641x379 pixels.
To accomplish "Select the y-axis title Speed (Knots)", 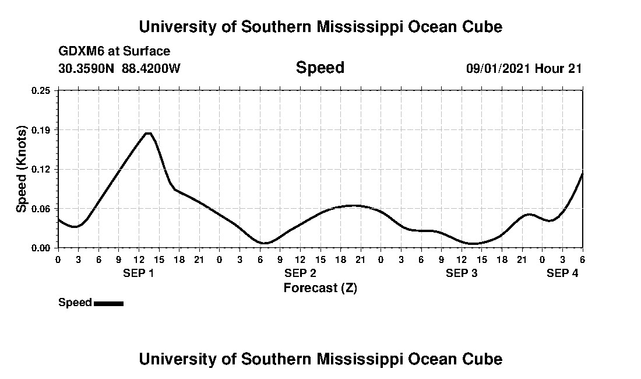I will [x=22, y=169].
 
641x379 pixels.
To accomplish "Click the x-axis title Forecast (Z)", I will [x=320, y=287].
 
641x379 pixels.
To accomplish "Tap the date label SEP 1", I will [x=138, y=273].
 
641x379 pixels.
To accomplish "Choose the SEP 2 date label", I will [x=300, y=273].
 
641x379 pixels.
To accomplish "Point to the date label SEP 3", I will [x=462, y=273].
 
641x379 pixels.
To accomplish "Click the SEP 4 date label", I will [x=562, y=273].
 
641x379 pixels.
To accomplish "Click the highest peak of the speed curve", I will [x=148, y=134].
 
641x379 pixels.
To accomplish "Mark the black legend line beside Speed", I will [x=108, y=303].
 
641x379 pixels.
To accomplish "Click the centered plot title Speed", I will [x=320, y=68].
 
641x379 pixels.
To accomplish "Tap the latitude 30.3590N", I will [x=87, y=68].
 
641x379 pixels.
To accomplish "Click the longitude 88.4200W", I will [x=151, y=68].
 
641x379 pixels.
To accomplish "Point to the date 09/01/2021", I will [x=498, y=68].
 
